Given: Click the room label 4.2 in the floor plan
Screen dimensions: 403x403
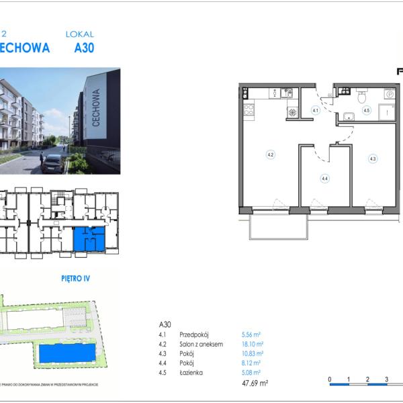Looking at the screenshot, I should click(270, 155).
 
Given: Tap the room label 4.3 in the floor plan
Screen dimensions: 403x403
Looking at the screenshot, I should click(372, 159).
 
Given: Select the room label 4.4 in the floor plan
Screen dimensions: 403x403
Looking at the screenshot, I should click(324, 179).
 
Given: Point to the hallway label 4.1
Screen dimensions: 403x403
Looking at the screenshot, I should click(315, 110).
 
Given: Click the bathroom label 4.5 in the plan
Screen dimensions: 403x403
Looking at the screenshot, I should click(367, 110).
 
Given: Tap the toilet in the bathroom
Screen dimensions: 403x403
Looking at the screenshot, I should click(361, 93).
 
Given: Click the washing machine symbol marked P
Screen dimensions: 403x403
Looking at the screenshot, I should click(389, 95).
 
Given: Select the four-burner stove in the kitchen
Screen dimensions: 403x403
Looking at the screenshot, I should click(249, 109).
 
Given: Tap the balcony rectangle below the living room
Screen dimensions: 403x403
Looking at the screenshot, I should click(279, 226).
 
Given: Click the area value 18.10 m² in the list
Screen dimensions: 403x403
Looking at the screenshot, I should click(252, 343).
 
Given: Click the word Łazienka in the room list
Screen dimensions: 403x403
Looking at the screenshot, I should click(191, 372).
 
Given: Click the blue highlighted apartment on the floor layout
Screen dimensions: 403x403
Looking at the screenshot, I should click(89, 238).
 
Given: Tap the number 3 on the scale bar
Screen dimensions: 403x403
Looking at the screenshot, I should click(387, 379).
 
